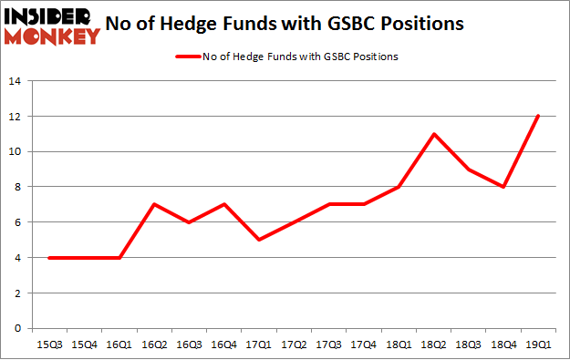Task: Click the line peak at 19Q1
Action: (x=537, y=116)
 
